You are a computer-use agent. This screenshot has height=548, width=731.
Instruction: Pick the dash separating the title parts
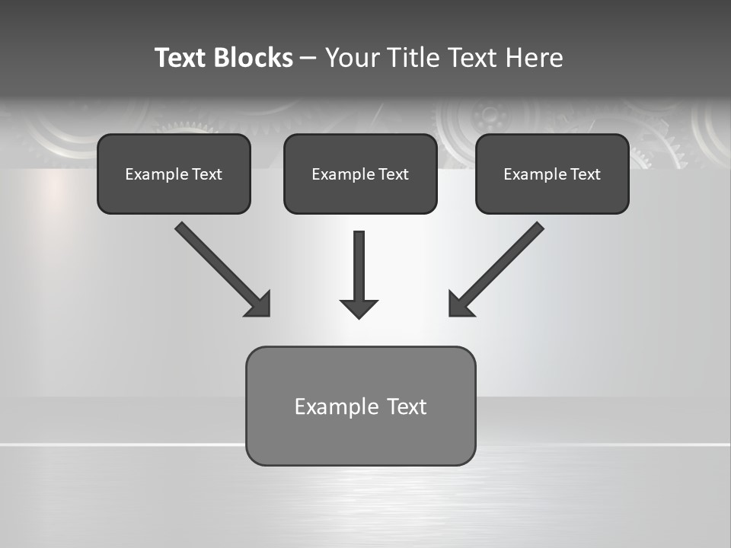click(x=308, y=59)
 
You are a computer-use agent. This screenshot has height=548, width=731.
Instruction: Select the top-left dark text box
click(x=174, y=174)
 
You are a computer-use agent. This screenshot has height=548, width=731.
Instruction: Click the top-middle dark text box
click(x=360, y=174)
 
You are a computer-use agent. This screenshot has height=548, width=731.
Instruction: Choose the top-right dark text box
click(x=552, y=174)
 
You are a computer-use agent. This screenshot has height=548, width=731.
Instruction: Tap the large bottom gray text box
click(x=360, y=406)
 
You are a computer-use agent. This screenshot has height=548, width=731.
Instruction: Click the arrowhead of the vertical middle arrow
click(x=359, y=307)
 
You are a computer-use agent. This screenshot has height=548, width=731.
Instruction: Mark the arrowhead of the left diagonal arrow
click(x=259, y=304)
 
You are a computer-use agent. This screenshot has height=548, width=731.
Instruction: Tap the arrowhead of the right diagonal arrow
click(x=460, y=304)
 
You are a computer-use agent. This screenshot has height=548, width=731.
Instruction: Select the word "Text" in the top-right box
click(x=586, y=174)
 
